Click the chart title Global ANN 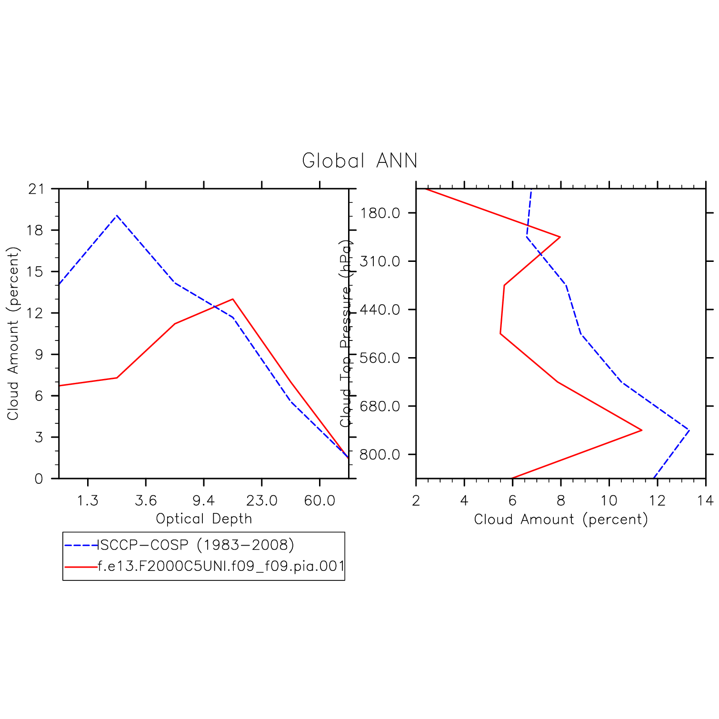pyautogui.click(x=359, y=161)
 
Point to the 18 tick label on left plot pyautogui.click(x=35, y=230)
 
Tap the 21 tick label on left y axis pyautogui.click(x=35, y=189)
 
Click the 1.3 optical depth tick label pyautogui.click(x=88, y=501)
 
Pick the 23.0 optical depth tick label pyautogui.click(x=261, y=501)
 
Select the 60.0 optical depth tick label pyautogui.click(x=320, y=501)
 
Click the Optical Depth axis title pyautogui.click(x=204, y=519)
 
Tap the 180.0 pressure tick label pyautogui.click(x=380, y=213)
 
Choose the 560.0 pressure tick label pyautogui.click(x=380, y=358)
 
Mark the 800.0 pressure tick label pyautogui.click(x=380, y=455)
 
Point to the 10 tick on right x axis pyautogui.click(x=609, y=501)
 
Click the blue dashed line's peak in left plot pyautogui.click(x=117, y=216)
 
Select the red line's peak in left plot pyautogui.click(x=233, y=299)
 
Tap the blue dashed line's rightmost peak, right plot pyautogui.click(x=689, y=430)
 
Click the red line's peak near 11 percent pyautogui.click(x=641, y=430)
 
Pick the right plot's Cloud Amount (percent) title pyautogui.click(x=561, y=519)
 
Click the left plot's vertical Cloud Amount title pyautogui.click(x=13, y=333)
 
